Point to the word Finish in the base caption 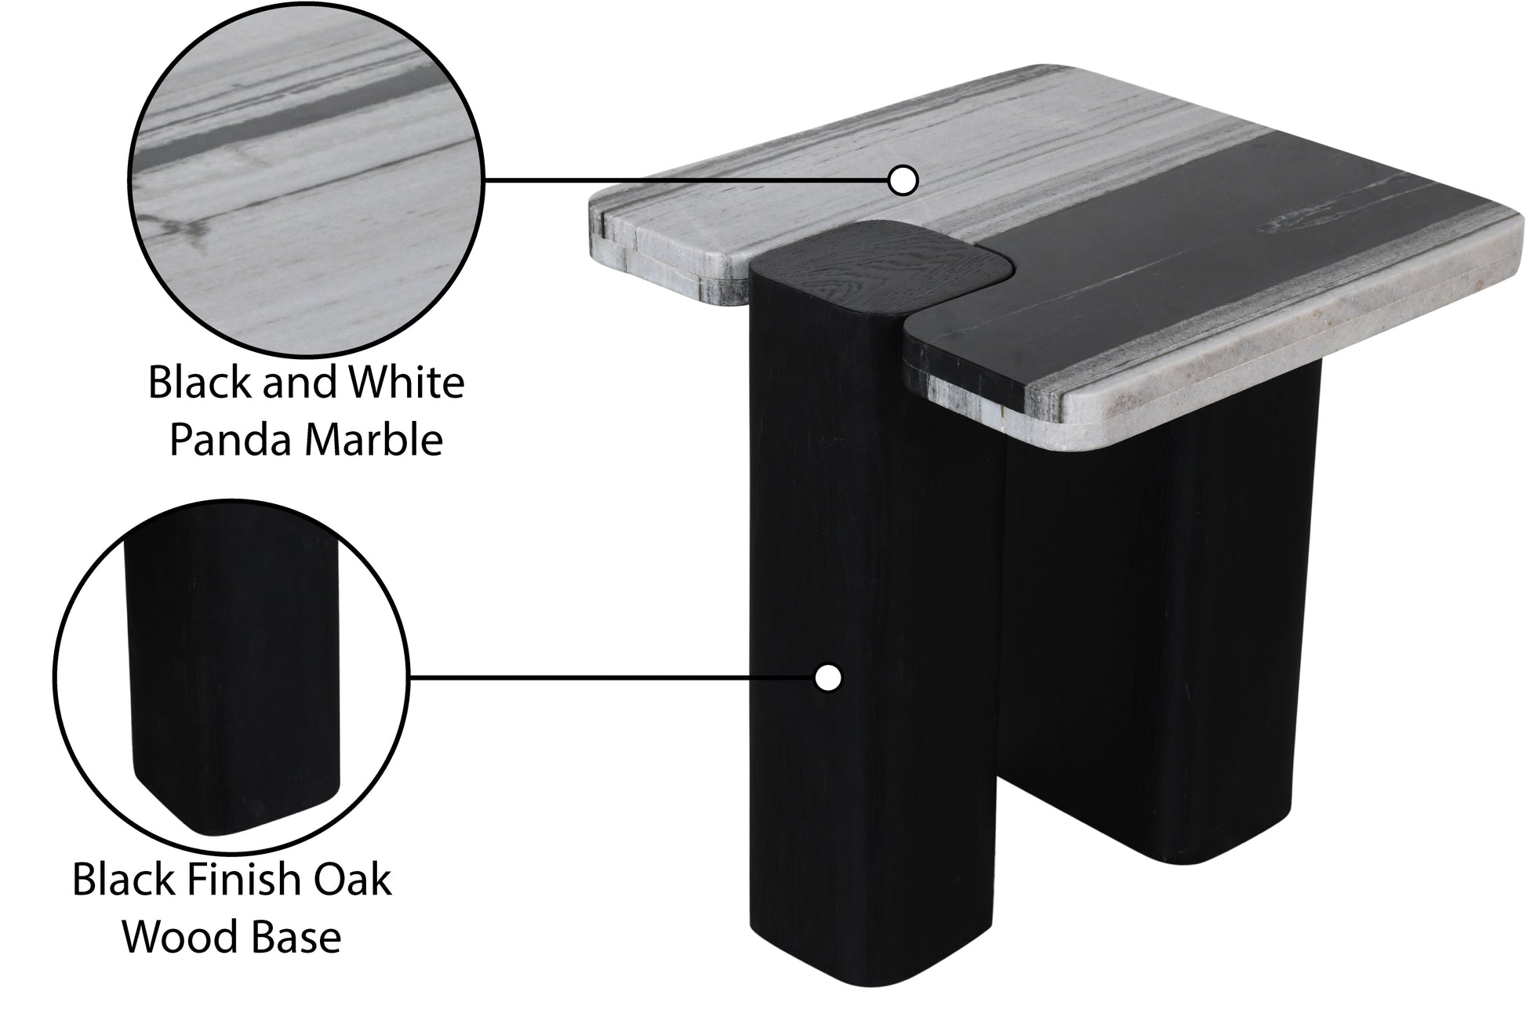pos(239,880)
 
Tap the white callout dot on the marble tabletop pos(903,180)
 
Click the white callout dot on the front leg pos(827,677)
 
